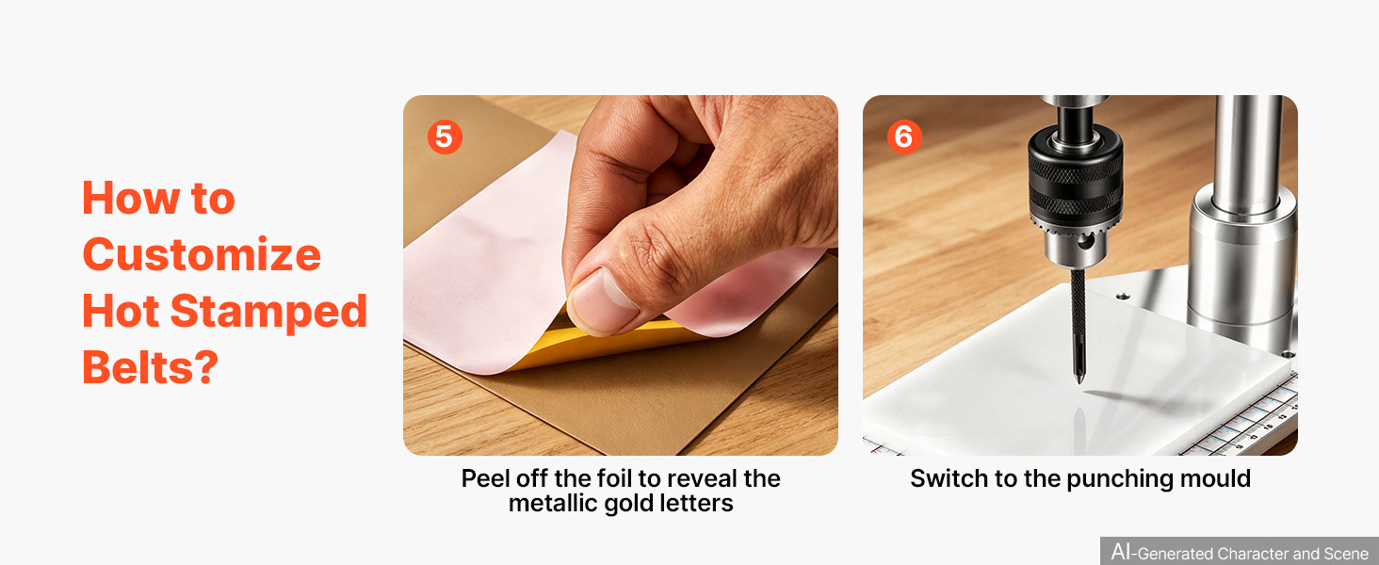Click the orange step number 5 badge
[x=445, y=137]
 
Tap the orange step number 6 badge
[x=903, y=137]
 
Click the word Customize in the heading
[x=202, y=254]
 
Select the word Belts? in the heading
[x=150, y=367]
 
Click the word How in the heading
[x=131, y=198]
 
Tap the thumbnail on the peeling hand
[x=601, y=301]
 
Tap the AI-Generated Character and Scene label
[x=1240, y=552]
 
